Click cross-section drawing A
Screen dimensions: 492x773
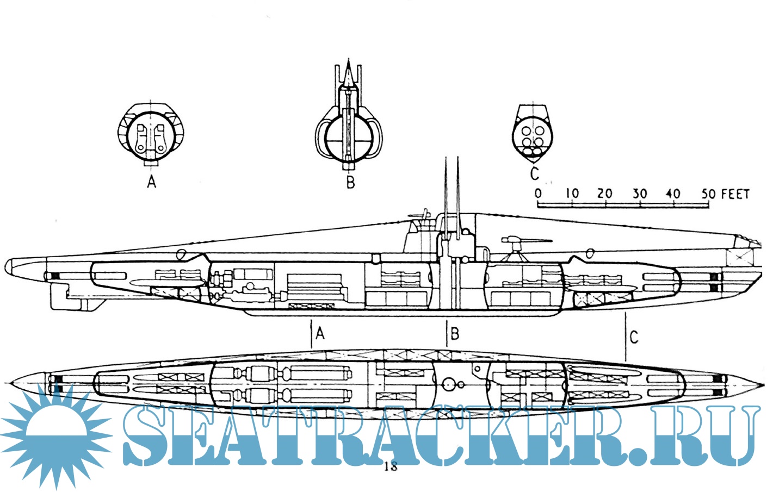(151, 133)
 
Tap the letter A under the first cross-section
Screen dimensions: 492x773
(152, 181)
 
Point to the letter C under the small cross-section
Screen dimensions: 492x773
(534, 173)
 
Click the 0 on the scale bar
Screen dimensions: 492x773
(538, 194)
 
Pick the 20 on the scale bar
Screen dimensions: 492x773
(605, 194)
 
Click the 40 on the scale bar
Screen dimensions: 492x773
(673, 194)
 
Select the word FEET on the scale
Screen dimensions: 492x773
(735, 194)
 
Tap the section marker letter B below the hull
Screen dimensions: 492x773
(455, 333)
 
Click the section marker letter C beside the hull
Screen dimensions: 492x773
(634, 337)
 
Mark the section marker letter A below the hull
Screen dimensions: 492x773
(320, 333)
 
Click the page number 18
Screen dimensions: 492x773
(391, 466)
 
